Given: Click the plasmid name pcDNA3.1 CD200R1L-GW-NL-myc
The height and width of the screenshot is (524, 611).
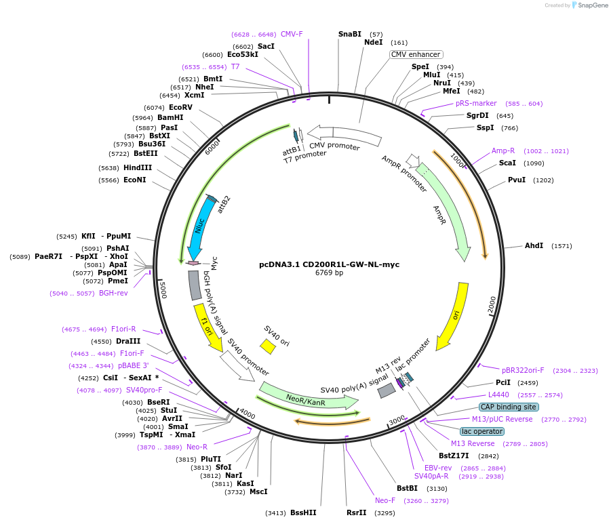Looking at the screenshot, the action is pos(330,264).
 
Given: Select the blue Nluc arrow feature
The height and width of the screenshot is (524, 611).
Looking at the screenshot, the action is pos(200,228).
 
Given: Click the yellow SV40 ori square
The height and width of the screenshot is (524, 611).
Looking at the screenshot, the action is pos(268,346).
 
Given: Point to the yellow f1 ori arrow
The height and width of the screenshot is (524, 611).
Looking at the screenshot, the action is pos(207,327).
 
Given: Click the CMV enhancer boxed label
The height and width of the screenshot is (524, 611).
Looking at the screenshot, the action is pos(416,54).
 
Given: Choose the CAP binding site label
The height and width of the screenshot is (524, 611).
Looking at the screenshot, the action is pos(509,407).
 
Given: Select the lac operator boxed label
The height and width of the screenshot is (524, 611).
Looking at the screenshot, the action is pos(482,431).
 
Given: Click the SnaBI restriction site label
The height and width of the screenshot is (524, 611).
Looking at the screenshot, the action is pos(349,35).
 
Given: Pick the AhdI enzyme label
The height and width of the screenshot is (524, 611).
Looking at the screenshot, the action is pos(534,245).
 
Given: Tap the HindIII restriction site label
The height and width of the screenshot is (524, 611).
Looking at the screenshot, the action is pos(138,167).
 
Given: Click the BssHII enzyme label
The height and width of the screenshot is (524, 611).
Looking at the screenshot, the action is pos(303,512).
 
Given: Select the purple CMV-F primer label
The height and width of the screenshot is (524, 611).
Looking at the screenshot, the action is pos(292,35).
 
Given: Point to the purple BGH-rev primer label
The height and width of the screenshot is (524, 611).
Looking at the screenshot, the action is pos(113,293).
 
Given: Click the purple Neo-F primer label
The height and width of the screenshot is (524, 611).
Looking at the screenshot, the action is pos(385,501).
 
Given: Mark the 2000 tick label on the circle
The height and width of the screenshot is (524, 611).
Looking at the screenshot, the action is pos(492,304).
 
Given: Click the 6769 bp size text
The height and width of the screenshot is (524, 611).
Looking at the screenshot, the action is pos(330,273).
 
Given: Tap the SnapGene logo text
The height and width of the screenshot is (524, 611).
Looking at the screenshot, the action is pos(593,5).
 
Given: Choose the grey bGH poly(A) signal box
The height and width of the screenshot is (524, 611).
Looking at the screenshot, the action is pos(195,285).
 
